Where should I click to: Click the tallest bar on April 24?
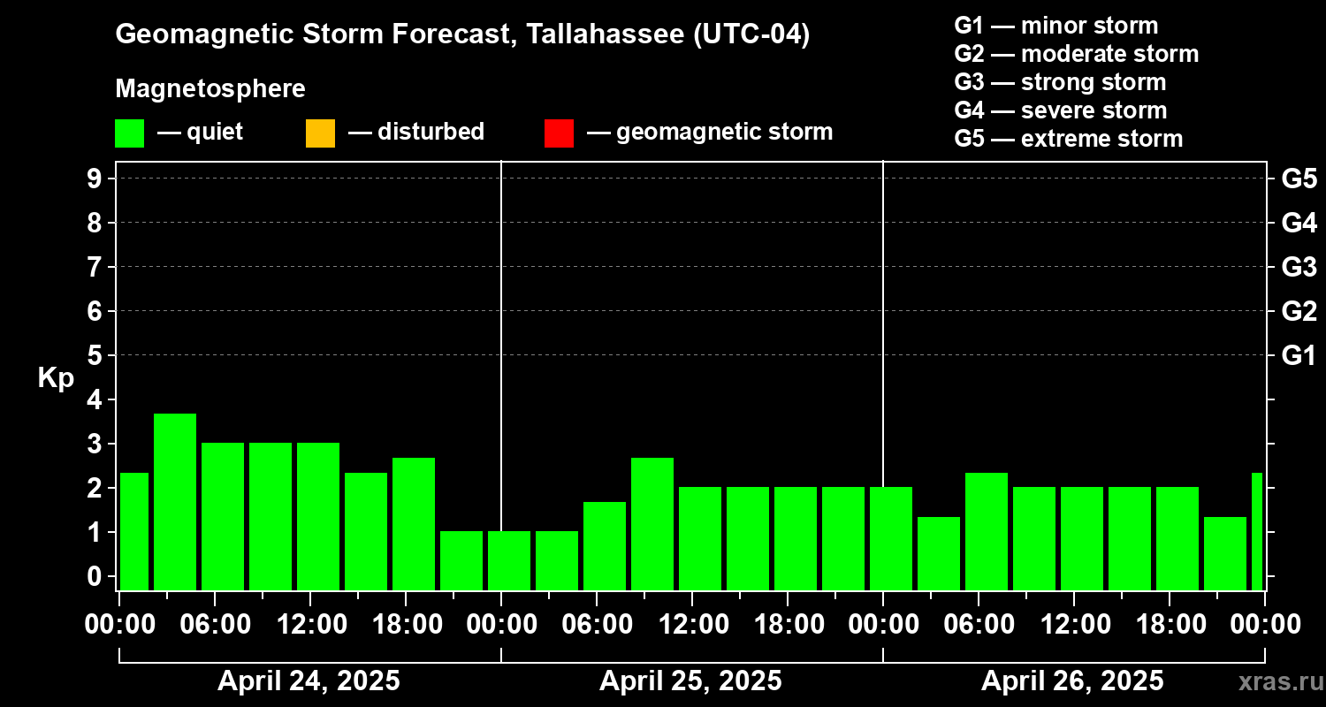coord(175,501)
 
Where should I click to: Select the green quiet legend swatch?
coord(129,133)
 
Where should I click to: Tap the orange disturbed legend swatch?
coord(320,133)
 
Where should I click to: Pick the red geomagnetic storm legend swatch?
coord(559,133)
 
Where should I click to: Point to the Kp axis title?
coord(56,378)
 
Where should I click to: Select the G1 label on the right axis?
coord(1299,356)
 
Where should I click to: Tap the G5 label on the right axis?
coord(1299,179)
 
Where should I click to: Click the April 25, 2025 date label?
coord(690,681)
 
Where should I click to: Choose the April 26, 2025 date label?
coord(1072,681)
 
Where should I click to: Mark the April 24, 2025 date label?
coord(309,681)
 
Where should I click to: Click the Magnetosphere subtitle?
coord(210,89)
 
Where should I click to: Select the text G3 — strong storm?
coord(1060,82)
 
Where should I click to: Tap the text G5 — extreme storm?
coord(1068,139)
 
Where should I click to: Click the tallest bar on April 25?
coord(652,523)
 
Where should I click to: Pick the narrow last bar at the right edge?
coord(1257,531)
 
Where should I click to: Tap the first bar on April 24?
coord(134,531)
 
